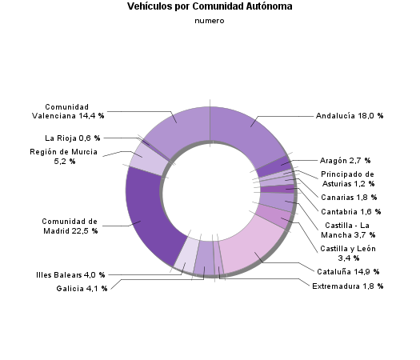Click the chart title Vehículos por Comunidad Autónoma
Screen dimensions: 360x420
point(210,6)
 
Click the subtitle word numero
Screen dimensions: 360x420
point(210,22)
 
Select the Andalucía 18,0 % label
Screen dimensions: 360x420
point(350,116)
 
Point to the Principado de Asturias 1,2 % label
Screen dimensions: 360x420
point(347,178)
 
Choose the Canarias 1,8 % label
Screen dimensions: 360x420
point(349,197)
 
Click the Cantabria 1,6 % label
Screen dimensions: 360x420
point(351,212)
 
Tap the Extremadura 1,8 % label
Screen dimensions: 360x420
point(347,286)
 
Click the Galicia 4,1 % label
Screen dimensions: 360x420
point(82,288)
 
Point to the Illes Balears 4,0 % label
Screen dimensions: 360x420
point(70,275)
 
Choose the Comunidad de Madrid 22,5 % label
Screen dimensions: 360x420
point(70,226)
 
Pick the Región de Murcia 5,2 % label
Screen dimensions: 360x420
point(63,156)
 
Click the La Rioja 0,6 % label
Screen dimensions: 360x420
point(73,138)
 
